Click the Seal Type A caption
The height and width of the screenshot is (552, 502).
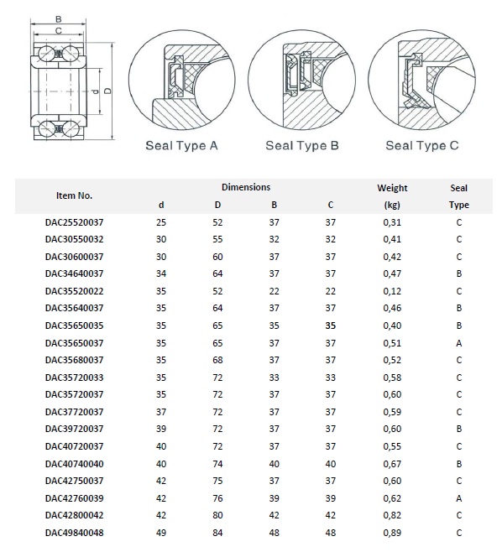tap(181, 145)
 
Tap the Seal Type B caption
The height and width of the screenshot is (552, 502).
tap(302, 145)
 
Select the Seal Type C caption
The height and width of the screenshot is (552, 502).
tap(422, 145)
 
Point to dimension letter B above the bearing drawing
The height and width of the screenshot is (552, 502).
tap(59, 19)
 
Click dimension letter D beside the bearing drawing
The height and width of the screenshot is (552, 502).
tap(108, 91)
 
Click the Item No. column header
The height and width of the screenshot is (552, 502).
tap(75, 195)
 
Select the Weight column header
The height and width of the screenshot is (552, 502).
tap(392, 188)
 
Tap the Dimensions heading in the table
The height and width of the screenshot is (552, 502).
tap(246, 187)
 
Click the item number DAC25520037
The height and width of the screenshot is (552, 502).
tap(75, 222)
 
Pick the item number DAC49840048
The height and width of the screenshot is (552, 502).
tap(75, 533)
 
